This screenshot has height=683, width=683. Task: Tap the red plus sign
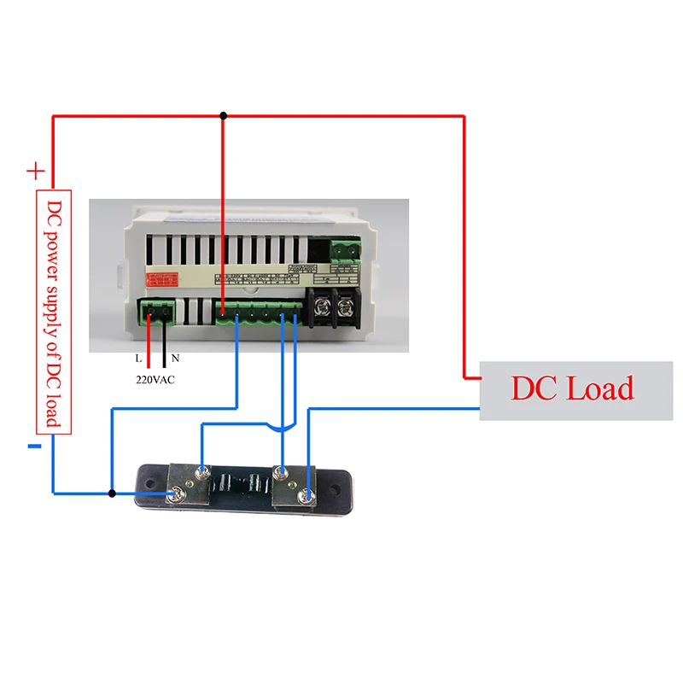[x=35, y=171]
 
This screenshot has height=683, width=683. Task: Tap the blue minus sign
[x=34, y=446]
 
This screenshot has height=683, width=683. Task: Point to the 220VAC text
[x=155, y=380]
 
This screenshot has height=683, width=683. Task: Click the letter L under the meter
[x=138, y=359]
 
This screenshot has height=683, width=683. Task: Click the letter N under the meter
[x=175, y=359]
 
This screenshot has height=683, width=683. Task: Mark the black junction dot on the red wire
[x=224, y=115]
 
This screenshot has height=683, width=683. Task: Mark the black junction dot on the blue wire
[x=112, y=493]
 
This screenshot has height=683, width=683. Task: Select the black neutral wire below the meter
[x=164, y=341]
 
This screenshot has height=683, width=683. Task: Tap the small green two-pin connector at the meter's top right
[x=345, y=249]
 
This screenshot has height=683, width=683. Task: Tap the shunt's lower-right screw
[x=306, y=493]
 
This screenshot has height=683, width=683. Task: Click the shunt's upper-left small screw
[x=201, y=470]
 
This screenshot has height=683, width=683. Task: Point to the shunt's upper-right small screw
[x=281, y=470]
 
